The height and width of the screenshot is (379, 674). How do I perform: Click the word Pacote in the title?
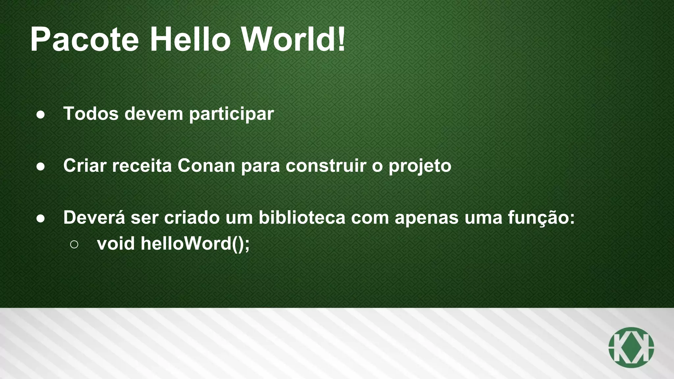[84, 40]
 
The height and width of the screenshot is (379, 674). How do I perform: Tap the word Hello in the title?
[190, 40]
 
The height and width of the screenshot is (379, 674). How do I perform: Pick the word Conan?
[206, 165]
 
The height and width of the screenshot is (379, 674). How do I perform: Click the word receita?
[142, 165]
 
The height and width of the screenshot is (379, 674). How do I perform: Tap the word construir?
[326, 165]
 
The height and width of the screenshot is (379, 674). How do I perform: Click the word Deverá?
[94, 217]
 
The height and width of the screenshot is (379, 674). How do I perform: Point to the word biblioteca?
[302, 217]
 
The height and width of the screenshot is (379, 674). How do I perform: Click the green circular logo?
[631, 347]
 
